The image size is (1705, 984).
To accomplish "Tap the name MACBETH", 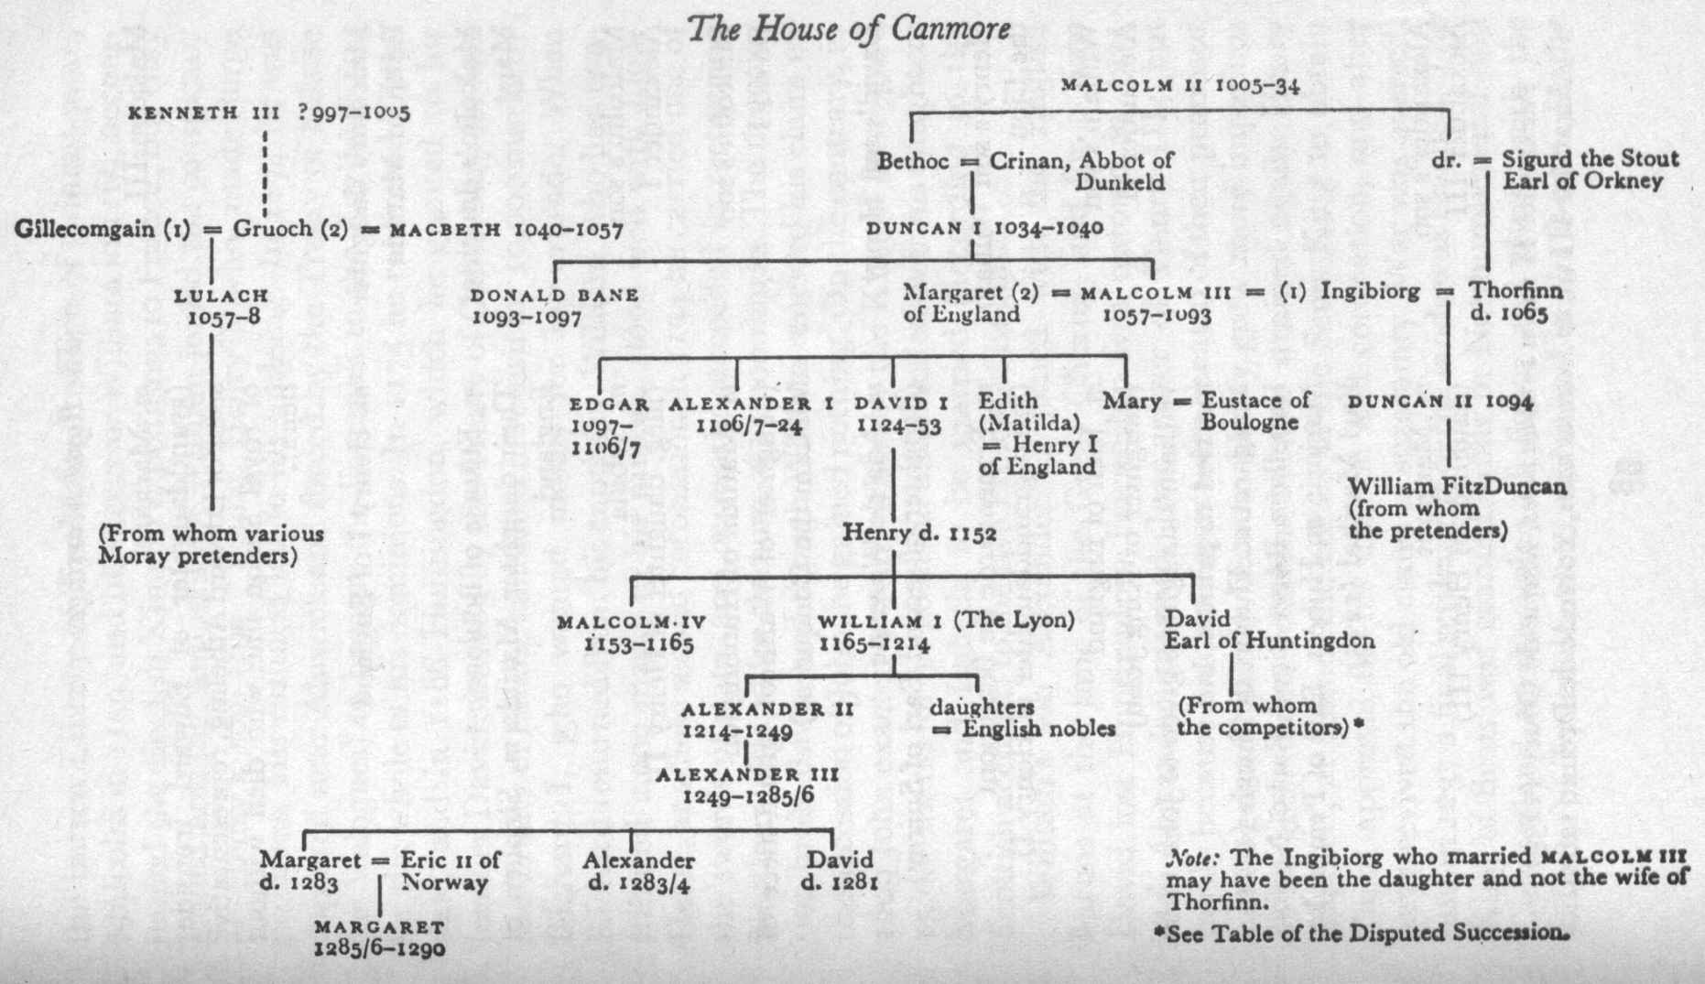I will point(445,230).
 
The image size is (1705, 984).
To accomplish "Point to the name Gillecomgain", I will point(84,229).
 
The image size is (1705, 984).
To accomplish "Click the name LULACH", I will point(223,296).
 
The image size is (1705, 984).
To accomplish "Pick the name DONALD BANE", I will point(554,296).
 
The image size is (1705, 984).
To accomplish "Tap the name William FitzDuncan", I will point(1457,486).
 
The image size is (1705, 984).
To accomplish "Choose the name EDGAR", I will point(609,404).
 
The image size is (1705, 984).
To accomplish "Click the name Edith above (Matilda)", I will point(1008,401).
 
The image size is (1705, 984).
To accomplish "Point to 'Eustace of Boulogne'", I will point(1255,411).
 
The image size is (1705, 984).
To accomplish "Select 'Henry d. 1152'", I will point(918,532).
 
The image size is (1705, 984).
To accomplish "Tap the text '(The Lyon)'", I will point(1014,620).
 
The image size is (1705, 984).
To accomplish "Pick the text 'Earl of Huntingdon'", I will point(1269,641).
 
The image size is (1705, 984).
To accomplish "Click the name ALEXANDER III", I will point(747,774).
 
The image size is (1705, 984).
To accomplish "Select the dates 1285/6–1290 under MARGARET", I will point(379,948).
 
